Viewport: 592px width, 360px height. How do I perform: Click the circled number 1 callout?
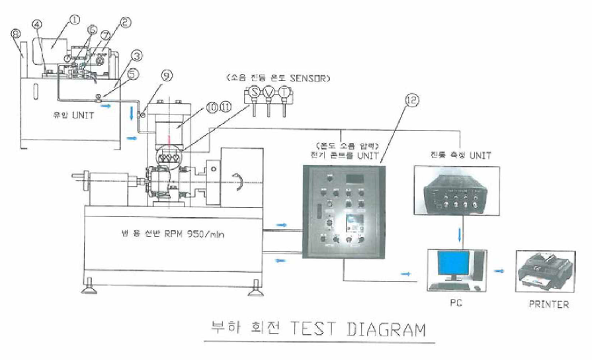click(x=74, y=19)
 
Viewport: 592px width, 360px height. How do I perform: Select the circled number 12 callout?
click(x=413, y=99)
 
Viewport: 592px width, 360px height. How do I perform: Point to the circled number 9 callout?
click(x=167, y=75)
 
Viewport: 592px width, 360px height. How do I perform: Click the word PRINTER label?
click(x=548, y=304)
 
